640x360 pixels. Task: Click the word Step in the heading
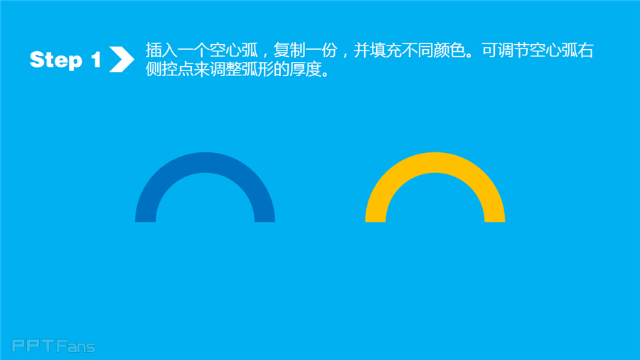tap(56, 60)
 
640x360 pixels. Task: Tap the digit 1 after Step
tap(96, 59)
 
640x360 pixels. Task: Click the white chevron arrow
tap(122, 59)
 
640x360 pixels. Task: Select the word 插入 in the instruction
tap(161, 51)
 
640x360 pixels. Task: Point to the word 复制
tap(289, 51)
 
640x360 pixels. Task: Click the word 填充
tap(385, 51)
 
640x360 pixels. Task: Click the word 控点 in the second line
tap(177, 70)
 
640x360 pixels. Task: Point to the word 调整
tap(225, 70)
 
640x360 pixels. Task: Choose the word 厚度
tap(305, 70)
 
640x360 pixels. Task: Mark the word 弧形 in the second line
tap(257, 70)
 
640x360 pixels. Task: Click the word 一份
tap(321, 51)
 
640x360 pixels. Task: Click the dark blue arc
tap(205, 162)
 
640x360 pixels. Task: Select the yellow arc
tap(435, 162)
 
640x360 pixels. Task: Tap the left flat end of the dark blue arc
tap(145, 222)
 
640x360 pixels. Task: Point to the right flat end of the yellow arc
tap(495, 222)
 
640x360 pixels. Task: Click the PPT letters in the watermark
tap(33, 346)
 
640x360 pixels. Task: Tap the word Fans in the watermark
tap(76, 346)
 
